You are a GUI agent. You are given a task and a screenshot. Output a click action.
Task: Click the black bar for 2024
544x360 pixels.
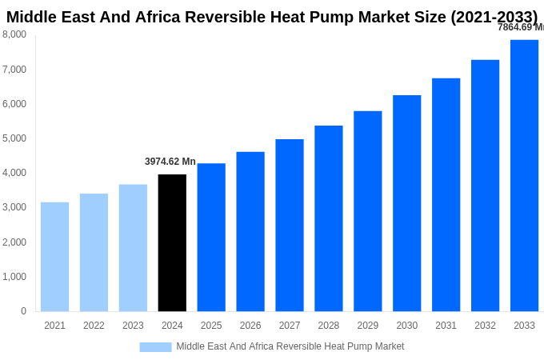pyautogui.click(x=172, y=242)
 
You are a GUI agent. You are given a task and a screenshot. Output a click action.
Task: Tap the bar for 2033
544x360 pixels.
pyautogui.click(x=524, y=175)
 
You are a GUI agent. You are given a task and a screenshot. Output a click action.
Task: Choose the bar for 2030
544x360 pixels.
pyautogui.click(x=406, y=203)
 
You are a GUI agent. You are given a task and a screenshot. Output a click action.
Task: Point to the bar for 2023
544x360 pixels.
pyautogui.click(x=133, y=247)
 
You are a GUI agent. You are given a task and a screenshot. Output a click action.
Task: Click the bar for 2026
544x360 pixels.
pyautogui.click(x=250, y=231)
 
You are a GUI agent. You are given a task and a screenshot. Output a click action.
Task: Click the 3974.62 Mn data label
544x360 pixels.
pyautogui.click(x=170, y=162)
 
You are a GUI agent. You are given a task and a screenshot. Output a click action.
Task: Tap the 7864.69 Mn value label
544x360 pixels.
pyautogui.click(x=520, y=27)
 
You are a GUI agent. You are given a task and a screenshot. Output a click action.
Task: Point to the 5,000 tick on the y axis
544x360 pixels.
pyautogui.click(x=14, y=138)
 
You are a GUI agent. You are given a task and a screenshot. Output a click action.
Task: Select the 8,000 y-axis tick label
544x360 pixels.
pyautogui.click(x=14, y=34)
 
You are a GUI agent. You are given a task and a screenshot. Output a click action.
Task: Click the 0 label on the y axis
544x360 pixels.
pyautogui.click(x=23, y=311)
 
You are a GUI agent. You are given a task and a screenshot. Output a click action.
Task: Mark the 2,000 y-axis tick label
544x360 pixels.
pyautogui.click(x=14, y=242)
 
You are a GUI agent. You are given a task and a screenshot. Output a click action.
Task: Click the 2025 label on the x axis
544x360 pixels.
pyautogui.click(x=211, y=326)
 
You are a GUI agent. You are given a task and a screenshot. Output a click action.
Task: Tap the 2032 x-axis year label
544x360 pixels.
pyautogui.click(x=485, y=326)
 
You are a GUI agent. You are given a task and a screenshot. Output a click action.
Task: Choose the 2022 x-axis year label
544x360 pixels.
pyautogui.click(x=94, y=326)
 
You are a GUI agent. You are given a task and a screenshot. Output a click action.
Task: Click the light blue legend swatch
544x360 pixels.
pyautogui.click(x=155, y=346)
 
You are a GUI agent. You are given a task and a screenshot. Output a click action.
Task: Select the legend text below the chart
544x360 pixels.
pyautogui.click(x=290, y=346)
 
